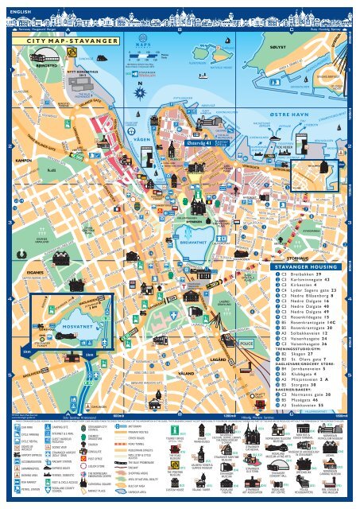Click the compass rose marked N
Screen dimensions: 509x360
click(141, 91)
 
